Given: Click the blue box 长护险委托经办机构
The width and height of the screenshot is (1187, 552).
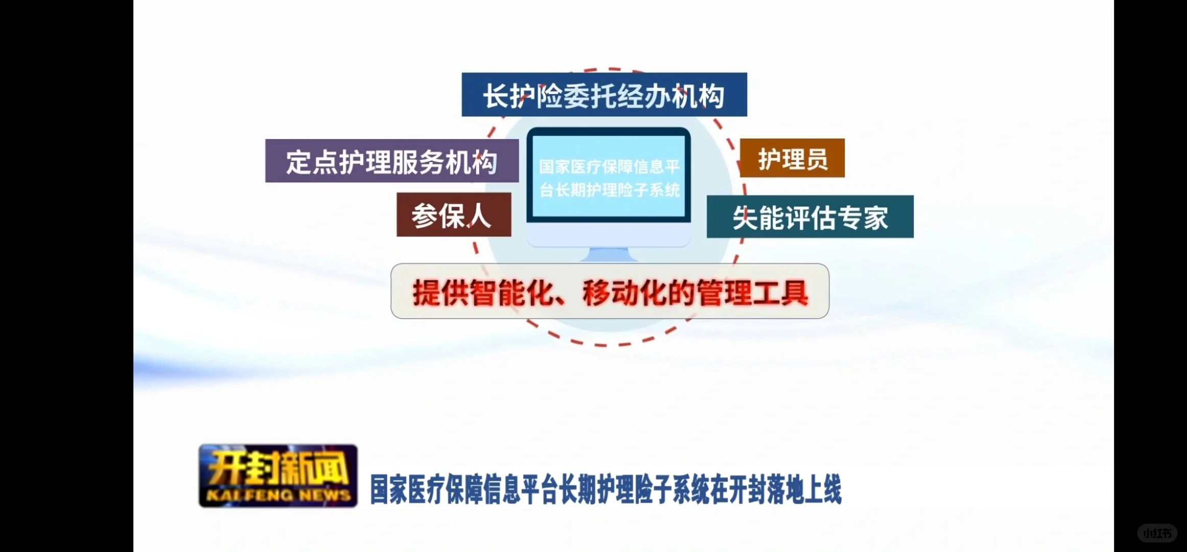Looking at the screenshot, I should [604, 95].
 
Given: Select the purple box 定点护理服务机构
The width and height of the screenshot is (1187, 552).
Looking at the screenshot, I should [392, 161].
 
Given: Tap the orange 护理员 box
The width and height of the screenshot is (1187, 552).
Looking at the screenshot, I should [792, 158].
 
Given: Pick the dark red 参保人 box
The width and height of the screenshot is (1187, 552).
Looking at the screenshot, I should [454, 215].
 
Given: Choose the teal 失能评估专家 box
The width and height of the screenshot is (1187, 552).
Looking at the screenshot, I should [810, 217].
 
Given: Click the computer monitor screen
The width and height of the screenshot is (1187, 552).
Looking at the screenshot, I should [609, 176].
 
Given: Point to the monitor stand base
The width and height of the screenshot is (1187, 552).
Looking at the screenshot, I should [608, 255].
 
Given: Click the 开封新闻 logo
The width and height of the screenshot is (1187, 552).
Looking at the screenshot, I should [278, 475].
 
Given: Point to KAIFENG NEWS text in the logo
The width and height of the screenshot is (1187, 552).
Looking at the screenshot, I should [278, 495].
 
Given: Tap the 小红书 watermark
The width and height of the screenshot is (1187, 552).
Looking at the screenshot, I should [1157, 533].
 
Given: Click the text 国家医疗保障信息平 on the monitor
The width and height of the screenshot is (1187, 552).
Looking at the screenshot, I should [609, 166].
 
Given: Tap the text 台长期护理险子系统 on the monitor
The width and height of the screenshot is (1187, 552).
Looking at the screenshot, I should [609, 190].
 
